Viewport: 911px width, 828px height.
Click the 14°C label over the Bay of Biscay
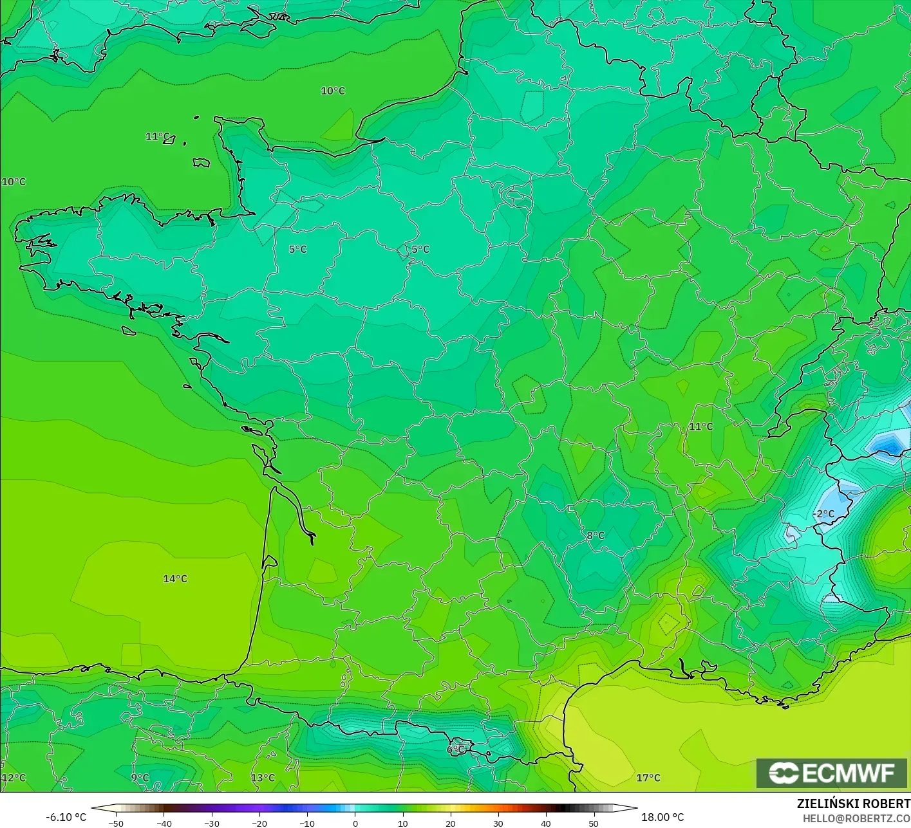[x=175, y=578]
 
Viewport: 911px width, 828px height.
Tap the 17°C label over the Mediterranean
[x=648, y=777]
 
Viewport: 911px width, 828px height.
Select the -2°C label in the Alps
[x=824, y=513]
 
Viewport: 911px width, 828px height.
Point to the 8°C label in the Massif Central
[x=596, y=535]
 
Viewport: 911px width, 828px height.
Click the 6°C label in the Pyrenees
[x=456, y=749]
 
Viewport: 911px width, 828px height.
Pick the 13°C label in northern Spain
[x=263, y=777]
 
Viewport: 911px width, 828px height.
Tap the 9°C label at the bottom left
[x=140, y=777]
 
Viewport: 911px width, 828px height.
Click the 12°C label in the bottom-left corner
[x=14, y=777]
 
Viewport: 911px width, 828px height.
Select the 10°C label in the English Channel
[x=333, y=91]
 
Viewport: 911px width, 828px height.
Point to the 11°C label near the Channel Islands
[x=158, y=136]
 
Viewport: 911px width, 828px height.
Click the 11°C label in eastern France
[x=701, y=427]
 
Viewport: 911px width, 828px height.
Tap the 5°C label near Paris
[x=420, y=249]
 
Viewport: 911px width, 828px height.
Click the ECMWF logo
[x=831, y=773]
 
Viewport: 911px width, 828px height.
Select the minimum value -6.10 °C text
[x=66, y=817]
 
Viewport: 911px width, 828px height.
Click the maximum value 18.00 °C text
[x=662, y=817]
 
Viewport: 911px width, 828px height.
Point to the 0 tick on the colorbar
[x=355, y=823]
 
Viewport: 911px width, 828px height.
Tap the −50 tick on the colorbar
[x=116, y=823]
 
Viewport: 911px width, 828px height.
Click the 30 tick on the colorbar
[x=498, y=823]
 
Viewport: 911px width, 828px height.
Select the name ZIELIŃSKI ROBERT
[x=853, y=804]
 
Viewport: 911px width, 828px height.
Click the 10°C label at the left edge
[x=14, y=181]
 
